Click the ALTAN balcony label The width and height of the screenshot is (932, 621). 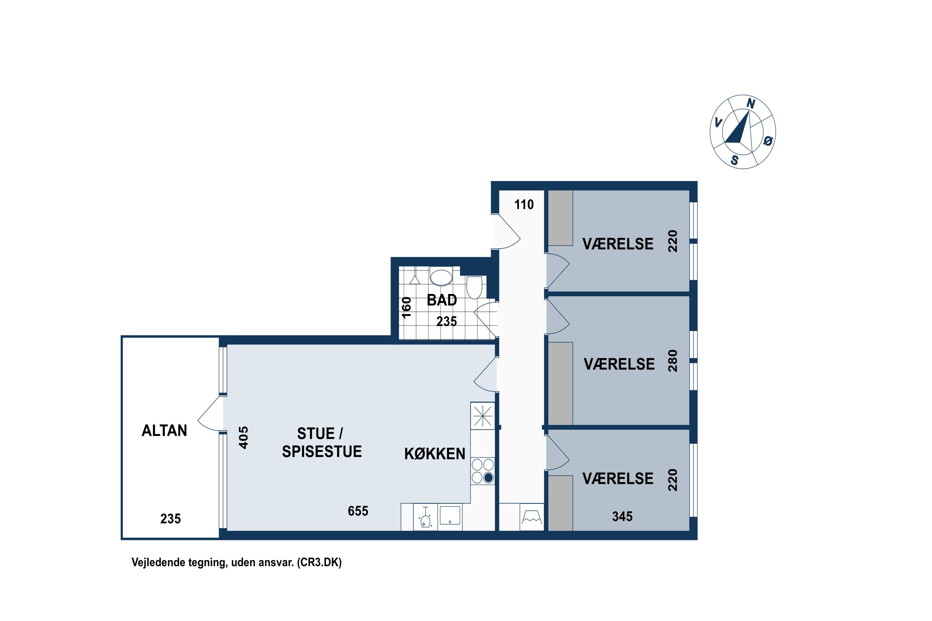point(164,430)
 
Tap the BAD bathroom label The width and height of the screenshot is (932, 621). point(442,300)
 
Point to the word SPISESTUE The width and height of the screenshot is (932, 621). point(322,451)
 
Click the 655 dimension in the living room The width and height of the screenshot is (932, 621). point(358,511)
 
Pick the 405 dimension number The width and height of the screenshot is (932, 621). point(244,437)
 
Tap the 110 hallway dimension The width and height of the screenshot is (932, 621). point(524,204)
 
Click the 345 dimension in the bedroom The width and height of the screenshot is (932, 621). point(622,516)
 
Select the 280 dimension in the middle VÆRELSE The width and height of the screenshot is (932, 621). point(673,361)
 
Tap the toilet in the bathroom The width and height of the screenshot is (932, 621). point(474,287)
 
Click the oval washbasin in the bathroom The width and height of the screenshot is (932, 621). point(441,278)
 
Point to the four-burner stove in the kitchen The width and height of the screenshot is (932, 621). point(483,471)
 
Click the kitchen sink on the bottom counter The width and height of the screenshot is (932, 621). point(450,515)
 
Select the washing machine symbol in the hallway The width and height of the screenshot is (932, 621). point(532,517)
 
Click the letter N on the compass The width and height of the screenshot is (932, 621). point(751,104)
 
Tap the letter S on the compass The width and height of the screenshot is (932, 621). point(735,161)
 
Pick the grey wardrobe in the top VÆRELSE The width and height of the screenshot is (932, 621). point(560,218)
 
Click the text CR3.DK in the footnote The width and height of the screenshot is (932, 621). point(319,562)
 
